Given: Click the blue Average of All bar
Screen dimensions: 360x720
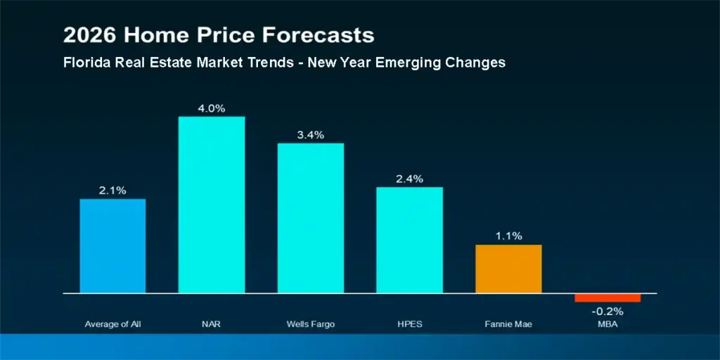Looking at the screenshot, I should [x=112, y=246].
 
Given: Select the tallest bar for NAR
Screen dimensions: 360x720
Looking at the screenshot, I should [x=212, y=205].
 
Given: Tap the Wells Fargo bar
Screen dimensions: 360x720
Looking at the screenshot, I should [x=311, y=218].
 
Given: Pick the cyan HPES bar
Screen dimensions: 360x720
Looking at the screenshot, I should [x=409, y=240].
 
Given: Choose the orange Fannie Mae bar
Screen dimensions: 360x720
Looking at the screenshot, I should [x=508, y=269].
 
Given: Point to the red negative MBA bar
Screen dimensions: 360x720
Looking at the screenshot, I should [x=607, y=297].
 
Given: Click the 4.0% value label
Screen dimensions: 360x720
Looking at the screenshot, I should [x=212, y=108].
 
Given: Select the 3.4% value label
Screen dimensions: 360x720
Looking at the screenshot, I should [x=311, y=135].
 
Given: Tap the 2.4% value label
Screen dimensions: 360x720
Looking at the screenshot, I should [x=409, y=179].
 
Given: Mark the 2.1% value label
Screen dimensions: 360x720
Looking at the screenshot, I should [x=112, y=191].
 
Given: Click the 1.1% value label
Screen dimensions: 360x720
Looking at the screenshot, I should [x=508, y=236].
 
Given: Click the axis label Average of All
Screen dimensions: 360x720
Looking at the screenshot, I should [x=112, y=324].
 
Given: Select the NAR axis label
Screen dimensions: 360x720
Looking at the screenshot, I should [x=212, y=324].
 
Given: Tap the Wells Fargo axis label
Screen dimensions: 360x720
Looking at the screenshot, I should [x=311, y=324].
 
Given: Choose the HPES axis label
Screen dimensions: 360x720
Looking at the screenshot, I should [x=409, y=324].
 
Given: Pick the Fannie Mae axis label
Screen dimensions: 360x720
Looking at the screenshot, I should [x=508, y=324].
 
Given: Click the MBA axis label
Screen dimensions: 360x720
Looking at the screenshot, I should [x=607, y=324].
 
